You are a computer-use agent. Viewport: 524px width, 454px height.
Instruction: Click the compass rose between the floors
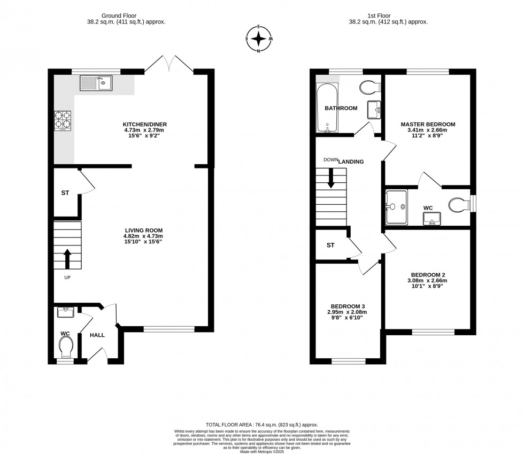click(259, 39)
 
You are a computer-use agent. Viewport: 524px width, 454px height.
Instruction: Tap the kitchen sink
click(96, 83)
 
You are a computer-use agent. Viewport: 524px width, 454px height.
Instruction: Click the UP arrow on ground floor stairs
click(67, 258)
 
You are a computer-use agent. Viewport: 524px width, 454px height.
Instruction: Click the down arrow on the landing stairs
click(331, 178)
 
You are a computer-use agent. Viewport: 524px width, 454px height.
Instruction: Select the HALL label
click(97, 335)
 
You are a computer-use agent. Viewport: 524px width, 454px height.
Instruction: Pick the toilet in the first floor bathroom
click(369, 87)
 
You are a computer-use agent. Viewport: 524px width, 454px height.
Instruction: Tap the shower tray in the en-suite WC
click(396, 206)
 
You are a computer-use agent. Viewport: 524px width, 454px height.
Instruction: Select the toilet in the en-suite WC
click(459, 205)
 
